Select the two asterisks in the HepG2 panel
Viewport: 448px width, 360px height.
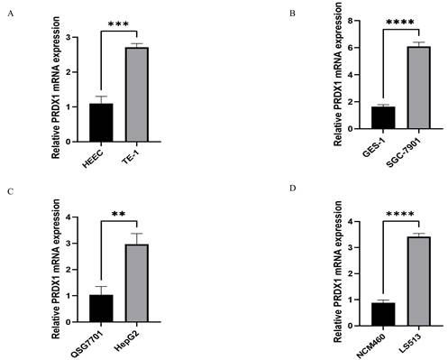pos(119,214)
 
